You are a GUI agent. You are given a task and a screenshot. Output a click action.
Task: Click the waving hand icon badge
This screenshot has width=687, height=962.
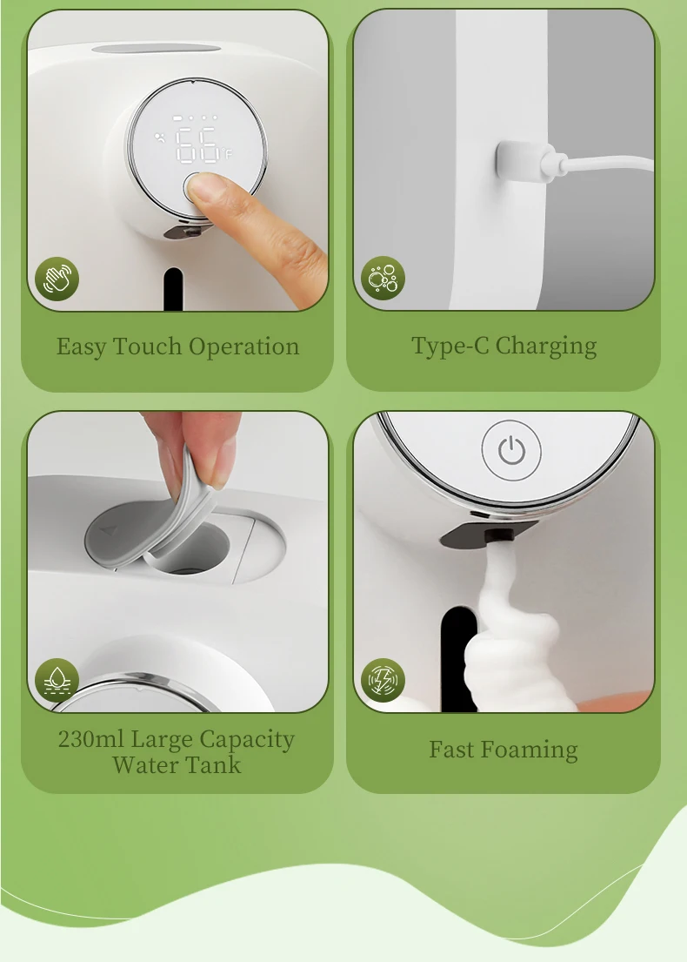pos(57,279)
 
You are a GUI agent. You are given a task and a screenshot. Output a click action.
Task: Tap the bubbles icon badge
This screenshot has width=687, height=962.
pos(383,278)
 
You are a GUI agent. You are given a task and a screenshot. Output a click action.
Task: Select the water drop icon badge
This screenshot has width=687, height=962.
pos(57,680)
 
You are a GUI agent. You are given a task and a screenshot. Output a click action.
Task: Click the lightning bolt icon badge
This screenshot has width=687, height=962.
pos(383,680)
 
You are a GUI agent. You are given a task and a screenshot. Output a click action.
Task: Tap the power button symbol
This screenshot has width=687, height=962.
pos(511,451)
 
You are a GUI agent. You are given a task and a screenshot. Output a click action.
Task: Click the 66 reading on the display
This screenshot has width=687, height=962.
pos(197,145)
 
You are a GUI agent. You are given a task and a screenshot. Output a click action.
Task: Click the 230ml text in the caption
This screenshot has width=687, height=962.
pos(90,739)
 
